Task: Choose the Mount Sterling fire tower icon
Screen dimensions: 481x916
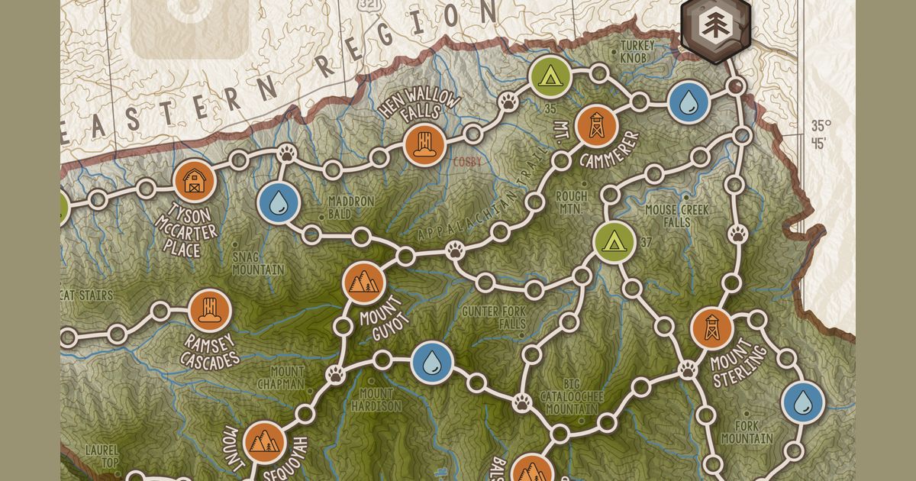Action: [x=711, y=327]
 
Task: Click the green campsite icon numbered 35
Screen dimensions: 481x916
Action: [x=548, y=76]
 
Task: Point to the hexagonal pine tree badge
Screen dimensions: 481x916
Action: [x=714, y=27]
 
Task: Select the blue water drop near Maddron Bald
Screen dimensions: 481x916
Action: [x=278, y=202]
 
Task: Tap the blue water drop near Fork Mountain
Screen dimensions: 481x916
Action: [x=804, y=401]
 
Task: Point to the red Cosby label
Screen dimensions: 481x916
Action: [x=468, y=162]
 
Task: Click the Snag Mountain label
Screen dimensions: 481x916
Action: [x=258, y=263]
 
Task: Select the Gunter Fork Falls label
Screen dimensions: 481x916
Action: [x=494, y=318]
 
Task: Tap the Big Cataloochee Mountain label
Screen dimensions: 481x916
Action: [x=569, y=396]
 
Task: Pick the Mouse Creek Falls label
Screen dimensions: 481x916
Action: [x=676, y=216]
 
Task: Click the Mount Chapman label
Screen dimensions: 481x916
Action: [x=280, y=377]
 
